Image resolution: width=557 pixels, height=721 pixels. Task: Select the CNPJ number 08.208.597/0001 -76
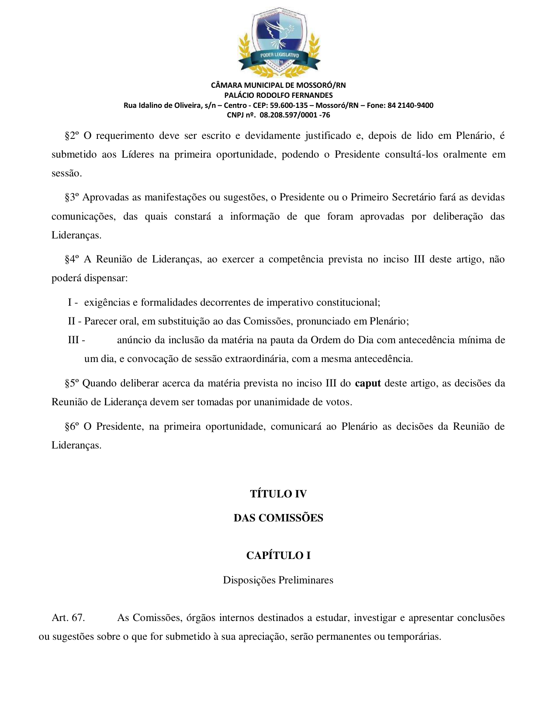tap(295, 115)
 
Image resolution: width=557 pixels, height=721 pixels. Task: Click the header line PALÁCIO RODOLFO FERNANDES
tap(278, 95)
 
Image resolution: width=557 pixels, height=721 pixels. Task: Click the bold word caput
tap(368, 383)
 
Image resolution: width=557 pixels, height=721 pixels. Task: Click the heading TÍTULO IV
tap(278, 494)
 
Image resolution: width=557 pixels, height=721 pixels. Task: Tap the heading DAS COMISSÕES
tap(278, 518)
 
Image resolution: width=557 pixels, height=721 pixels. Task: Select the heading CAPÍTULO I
tap(278, 555)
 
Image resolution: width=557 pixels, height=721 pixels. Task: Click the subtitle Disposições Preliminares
tap(278, 580)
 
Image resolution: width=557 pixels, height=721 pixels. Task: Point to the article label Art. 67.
tap(68, 618)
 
